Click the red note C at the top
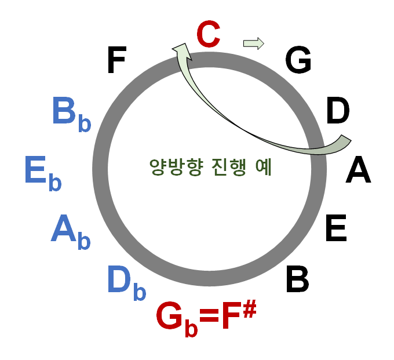point(209,35)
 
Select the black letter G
point(298,60)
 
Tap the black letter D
point(338,111)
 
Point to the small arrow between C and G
point(253,43)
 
